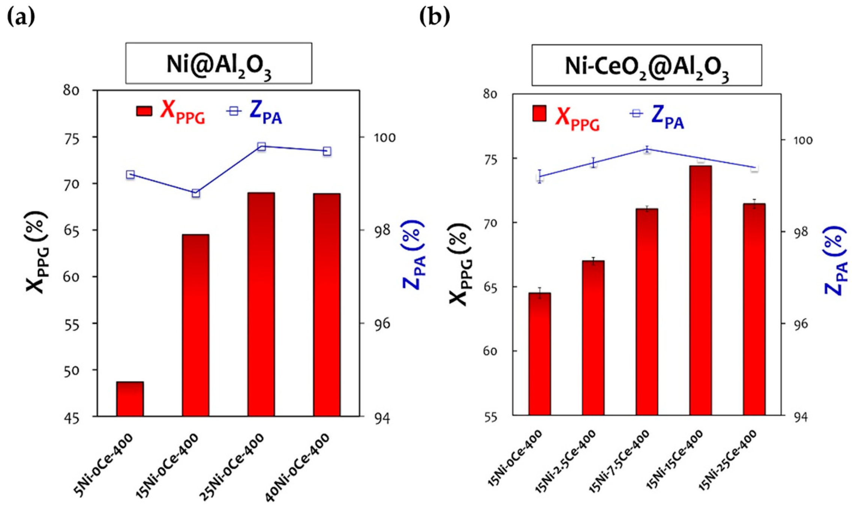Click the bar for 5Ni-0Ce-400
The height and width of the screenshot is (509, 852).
coord(130,399)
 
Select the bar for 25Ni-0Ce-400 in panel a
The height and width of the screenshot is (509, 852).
coord(261,304)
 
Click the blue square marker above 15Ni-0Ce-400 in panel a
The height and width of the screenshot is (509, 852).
coord(196,194)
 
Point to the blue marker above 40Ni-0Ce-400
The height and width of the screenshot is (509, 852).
coord(327,151)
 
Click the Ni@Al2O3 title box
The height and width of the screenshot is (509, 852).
coord(218,63)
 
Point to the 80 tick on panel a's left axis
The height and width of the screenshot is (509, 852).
coord(71,90)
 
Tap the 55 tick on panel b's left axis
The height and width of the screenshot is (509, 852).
coord(490,417)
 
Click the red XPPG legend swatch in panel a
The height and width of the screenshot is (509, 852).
coord(144,111)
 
